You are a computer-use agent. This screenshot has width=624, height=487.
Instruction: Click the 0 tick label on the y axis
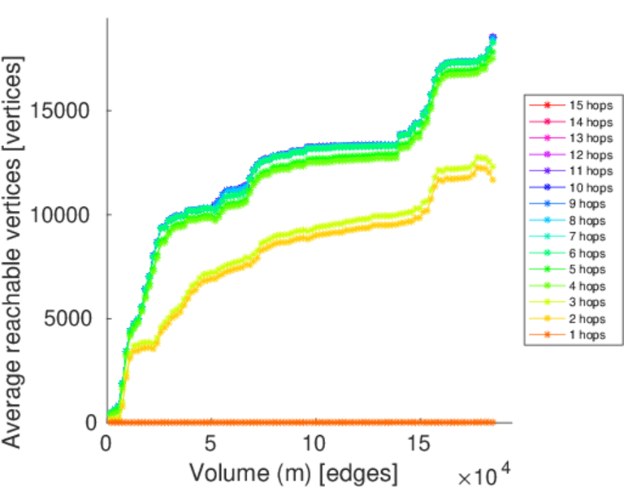click(x=92, y=423)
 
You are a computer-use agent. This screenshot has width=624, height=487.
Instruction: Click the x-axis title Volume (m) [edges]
click(x=293, y=472)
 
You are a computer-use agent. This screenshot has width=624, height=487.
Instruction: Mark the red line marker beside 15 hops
click(x=547, y=106)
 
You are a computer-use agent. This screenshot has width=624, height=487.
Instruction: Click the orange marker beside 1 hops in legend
click(x=547, y=334)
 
